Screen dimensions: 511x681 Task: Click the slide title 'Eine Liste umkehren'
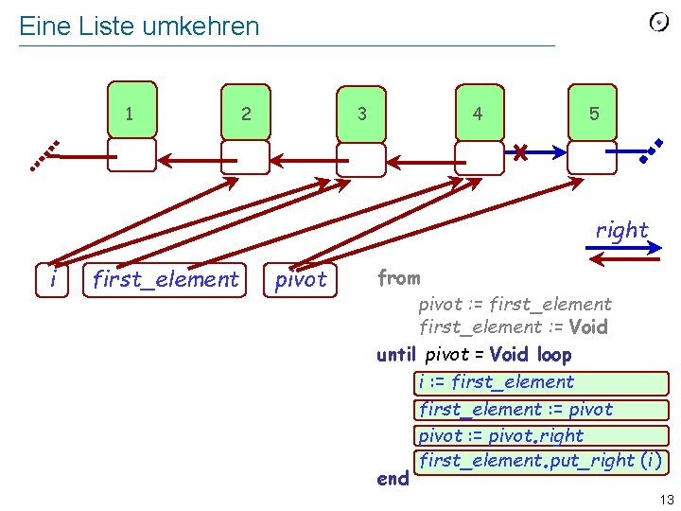pyautogui.click(x=139, y=26)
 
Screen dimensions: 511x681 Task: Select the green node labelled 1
pyautogui.click(x=131, y=112)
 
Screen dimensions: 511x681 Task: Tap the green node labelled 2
pyautogui.click(x=246, y=113)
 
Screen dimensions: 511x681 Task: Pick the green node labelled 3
pyautogui.click(x=362, y=113)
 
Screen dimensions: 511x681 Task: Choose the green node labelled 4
pyautogui.click(x=478, y=113)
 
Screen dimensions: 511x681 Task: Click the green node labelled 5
pyautogui.click(x=593, y=113)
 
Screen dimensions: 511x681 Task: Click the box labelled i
pyautogui.click(x=56, y=279)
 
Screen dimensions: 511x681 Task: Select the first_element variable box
pyautogui.click(x=166, y=279)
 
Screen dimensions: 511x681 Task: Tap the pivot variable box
pyautogui.click(x=301, y=279)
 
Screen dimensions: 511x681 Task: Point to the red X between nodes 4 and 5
pyautogui.click(x=519, y=150)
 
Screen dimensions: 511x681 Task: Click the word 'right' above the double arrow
pyautogui.click(x=622, y=230)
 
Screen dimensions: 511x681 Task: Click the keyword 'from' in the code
pyautogui.click(x=398, y=278)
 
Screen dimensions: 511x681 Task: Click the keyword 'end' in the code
pyautogui.click(x=393, y=479)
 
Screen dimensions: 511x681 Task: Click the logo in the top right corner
pyautogui.click(x=659, y=22)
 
